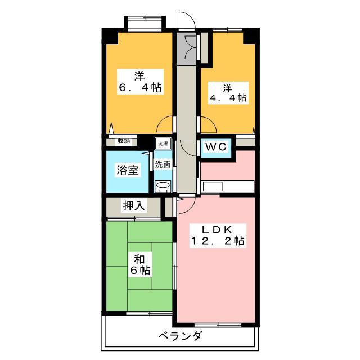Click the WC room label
[216, 147]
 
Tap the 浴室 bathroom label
[128, 170]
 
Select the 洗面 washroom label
[163, 164]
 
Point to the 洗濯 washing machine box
[163, 143]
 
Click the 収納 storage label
[124, 141]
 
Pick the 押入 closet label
[134, 205]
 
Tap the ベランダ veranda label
[181, 336]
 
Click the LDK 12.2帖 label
[218, 236]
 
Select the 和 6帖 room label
[140, 265]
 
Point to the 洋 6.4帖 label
[140, 82]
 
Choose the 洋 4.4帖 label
[228, 93]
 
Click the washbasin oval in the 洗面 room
[163, 185]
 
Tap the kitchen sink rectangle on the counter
[213, 186]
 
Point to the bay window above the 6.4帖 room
[145, 22]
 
